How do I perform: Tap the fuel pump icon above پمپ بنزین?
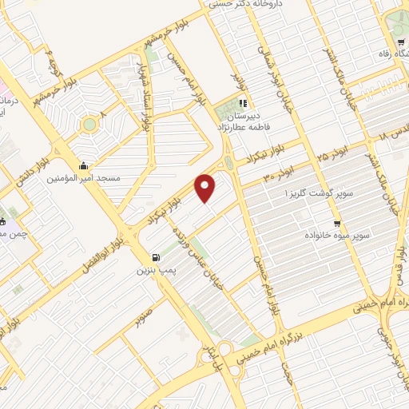[x=155, y=258]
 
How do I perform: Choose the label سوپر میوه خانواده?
[x=334, y=236]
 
